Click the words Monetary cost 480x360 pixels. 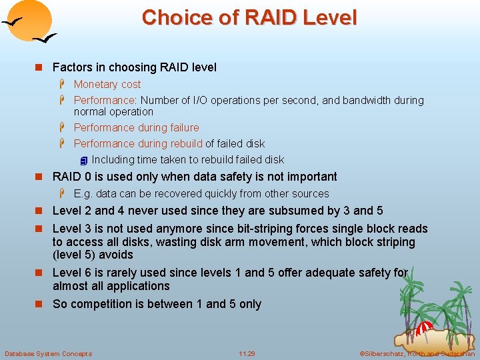pos(107,84)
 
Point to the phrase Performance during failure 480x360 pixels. pos(136,127)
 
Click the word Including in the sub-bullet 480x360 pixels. pos(113,159)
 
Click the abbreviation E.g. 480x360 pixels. pos(83,193)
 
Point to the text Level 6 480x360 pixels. pos(74,273)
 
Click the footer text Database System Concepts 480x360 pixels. pos(48,353)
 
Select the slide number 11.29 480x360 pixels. pos(247,353)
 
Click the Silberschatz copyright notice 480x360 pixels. pos(417,353)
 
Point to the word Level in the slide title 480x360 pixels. pos(328,17)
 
